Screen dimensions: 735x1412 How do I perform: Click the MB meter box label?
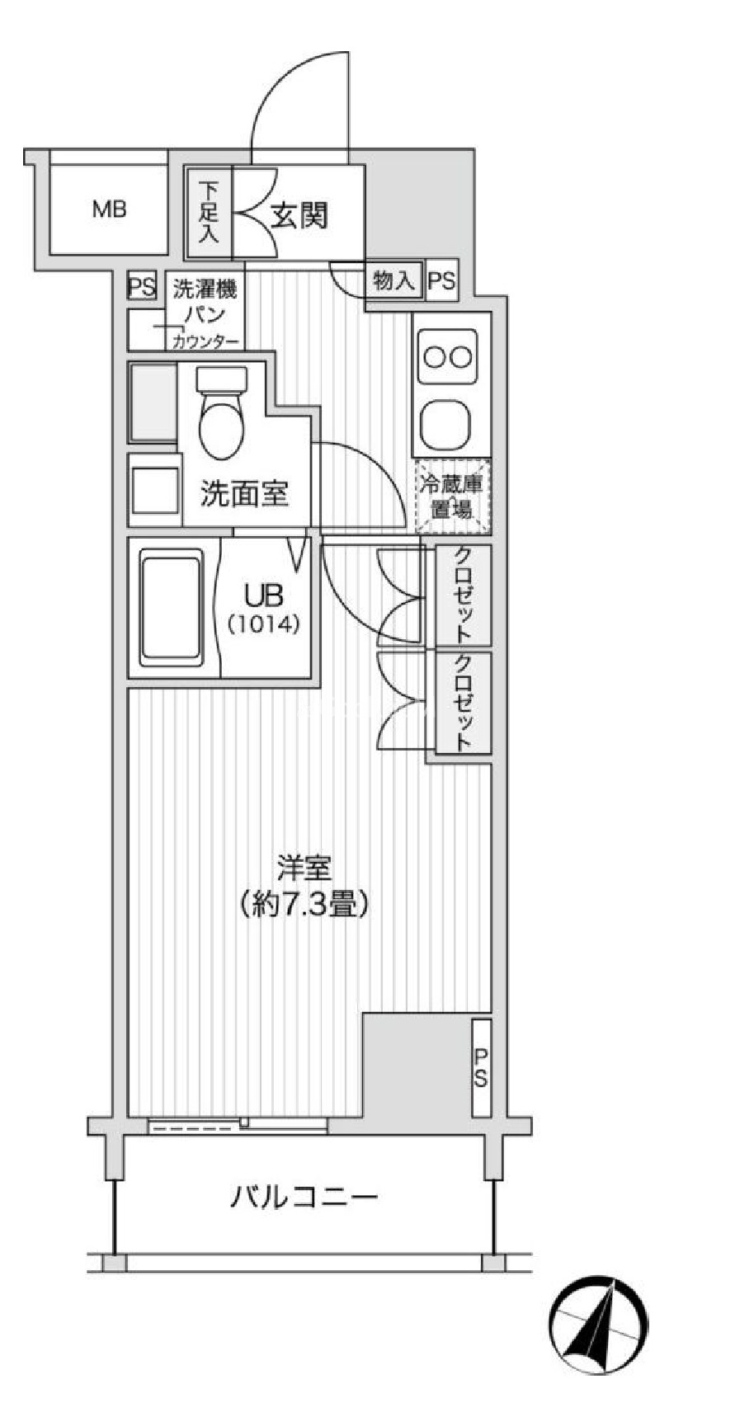pyautogui.click(x=109, y=209)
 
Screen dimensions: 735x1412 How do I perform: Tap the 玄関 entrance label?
pyautogui.click(x=299, y=216)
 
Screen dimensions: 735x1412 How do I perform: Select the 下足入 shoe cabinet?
pyautogui.click(x=209, y=213)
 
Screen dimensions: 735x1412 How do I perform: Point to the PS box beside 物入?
pyautogui.click(x=441, y=280)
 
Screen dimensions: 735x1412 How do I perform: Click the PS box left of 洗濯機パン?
pyautogui.click(x=143, y=287)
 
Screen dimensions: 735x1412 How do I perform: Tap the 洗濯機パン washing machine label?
pyautogui.click(x=205, y=304)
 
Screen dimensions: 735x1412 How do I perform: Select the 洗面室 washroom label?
pyautogui.click(x=244, y=493)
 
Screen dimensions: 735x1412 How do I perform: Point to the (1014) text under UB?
pyautogui.click(x=262, y=624)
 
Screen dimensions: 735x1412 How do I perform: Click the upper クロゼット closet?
pyautogui.click(x=464, y=595)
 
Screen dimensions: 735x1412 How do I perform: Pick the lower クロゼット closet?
pyautogui.click(x=464, y=702)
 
